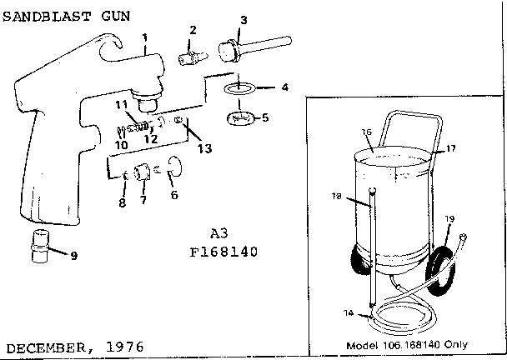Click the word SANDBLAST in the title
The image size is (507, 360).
coord(47,16)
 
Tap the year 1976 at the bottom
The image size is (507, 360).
coord(125,347)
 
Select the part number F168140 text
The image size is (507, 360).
coord(223,252)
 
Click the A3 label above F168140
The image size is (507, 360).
coord(219,233)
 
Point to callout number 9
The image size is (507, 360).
coord(74,256)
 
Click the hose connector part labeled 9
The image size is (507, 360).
coord(39,246)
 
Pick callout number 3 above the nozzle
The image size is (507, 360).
coord(243,20)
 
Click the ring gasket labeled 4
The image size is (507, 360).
coord(239,88)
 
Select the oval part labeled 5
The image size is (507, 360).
coord(240,118)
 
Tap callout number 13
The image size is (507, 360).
coord(204,148)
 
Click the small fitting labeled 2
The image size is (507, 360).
coord(193,58)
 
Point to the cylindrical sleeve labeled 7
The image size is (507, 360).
coord(143,172)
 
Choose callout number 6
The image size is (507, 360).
coord(174,195)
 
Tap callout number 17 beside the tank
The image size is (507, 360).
coord(451,148)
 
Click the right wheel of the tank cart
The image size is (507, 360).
coord(439,270)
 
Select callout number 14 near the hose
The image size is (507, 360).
coord(349,312)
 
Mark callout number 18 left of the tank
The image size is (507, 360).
coord(337,196)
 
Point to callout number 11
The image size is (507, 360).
coord(122,105)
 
